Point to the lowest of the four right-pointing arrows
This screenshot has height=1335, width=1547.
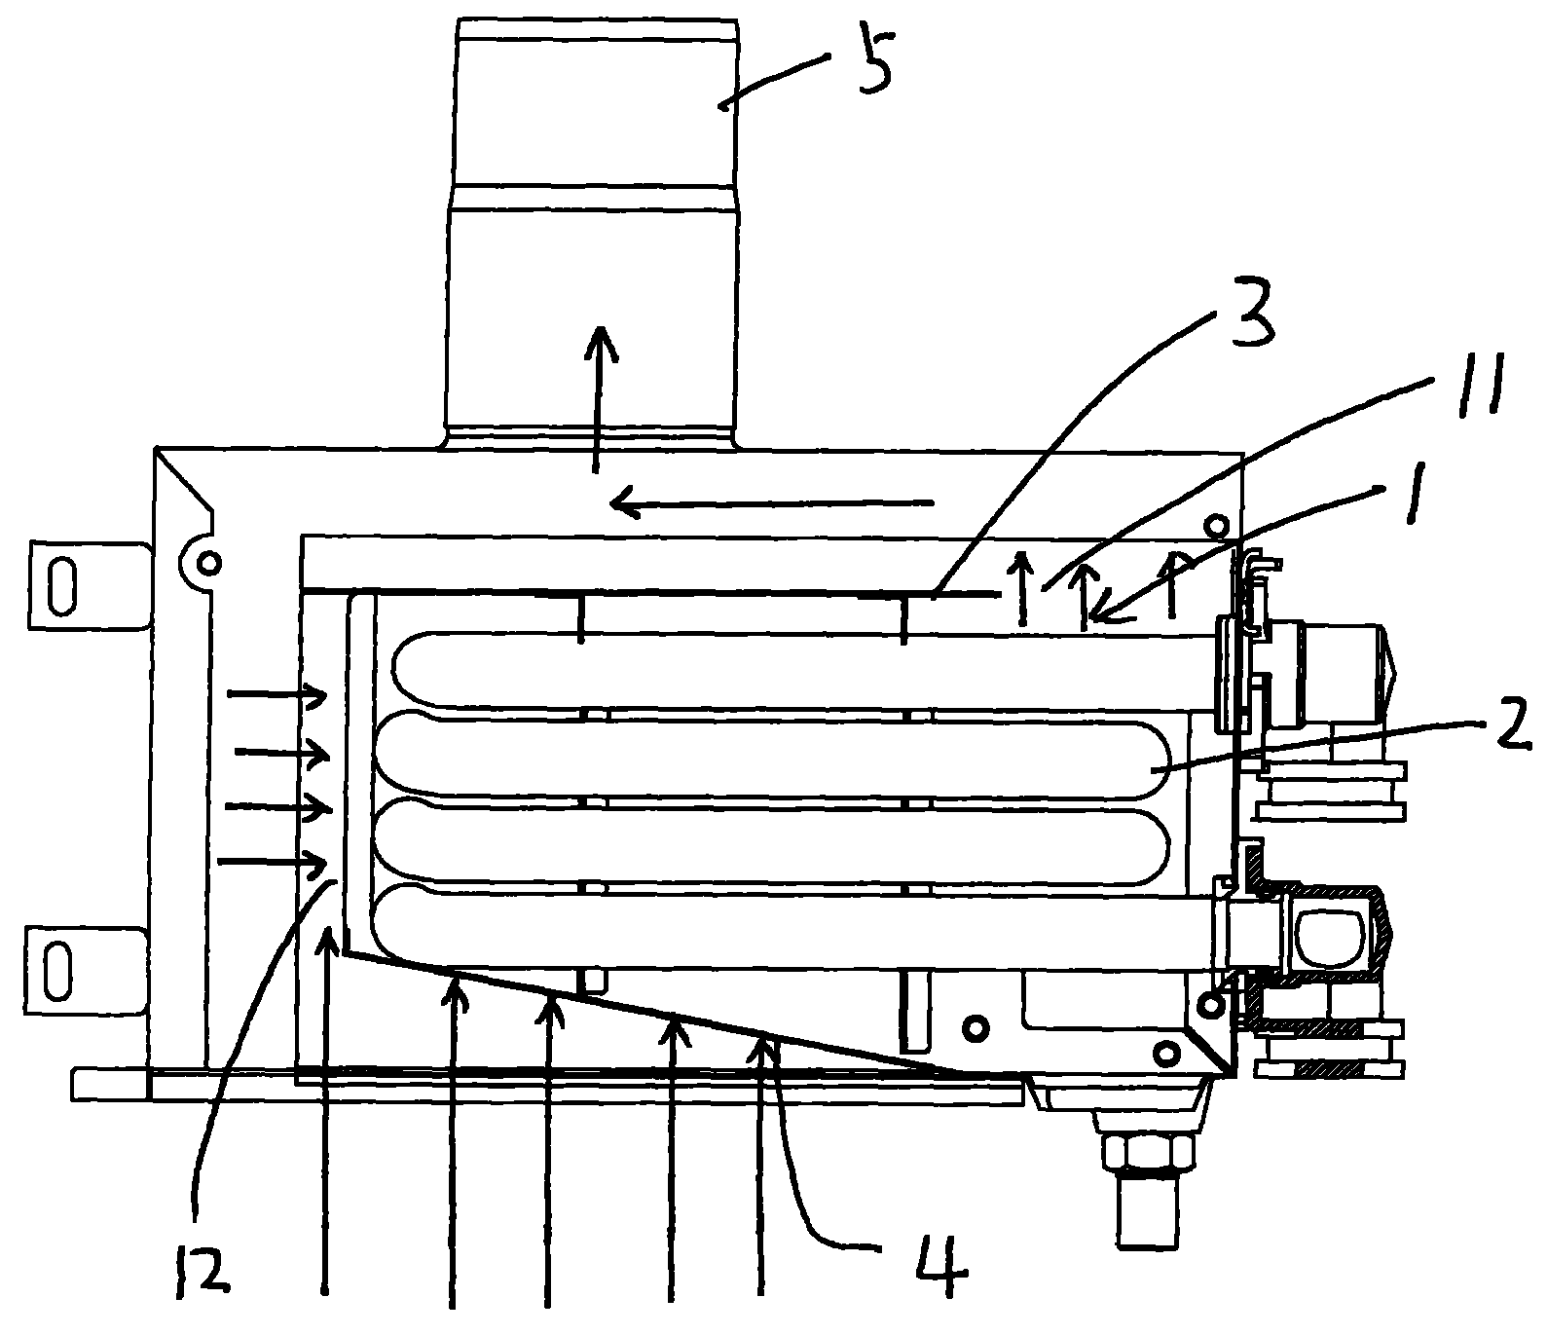pos(273,862)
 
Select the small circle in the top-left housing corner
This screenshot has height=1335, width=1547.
pos(207,562)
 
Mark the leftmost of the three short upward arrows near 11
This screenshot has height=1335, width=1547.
pos(1021,584)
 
